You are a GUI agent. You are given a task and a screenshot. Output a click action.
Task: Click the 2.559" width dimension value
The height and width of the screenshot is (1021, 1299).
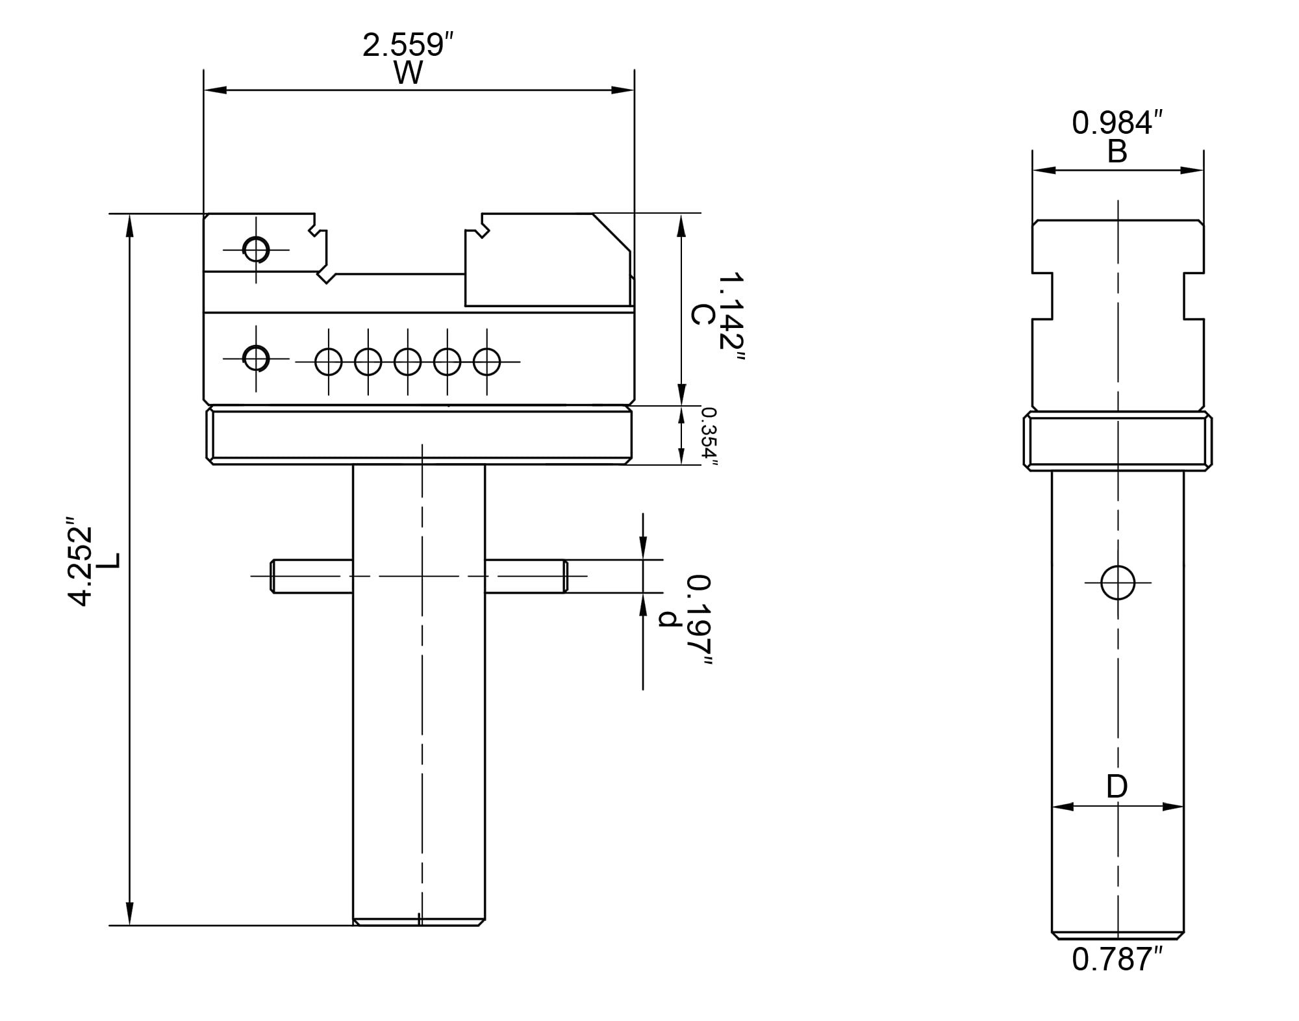407,45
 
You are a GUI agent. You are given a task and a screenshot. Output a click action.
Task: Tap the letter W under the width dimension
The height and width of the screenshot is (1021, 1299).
408,73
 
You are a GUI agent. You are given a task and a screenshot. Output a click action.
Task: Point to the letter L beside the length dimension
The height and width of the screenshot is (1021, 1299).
111,561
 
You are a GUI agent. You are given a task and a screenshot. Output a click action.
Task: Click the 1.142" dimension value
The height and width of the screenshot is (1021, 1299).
731,320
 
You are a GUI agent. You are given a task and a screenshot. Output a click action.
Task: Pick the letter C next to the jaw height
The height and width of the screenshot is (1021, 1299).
703,315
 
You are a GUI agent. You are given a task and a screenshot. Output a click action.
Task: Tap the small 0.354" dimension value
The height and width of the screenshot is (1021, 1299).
709,436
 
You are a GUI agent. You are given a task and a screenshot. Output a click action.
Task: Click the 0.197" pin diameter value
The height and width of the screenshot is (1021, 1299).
700,620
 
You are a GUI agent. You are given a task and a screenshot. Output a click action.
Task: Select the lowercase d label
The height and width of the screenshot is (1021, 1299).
670,619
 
